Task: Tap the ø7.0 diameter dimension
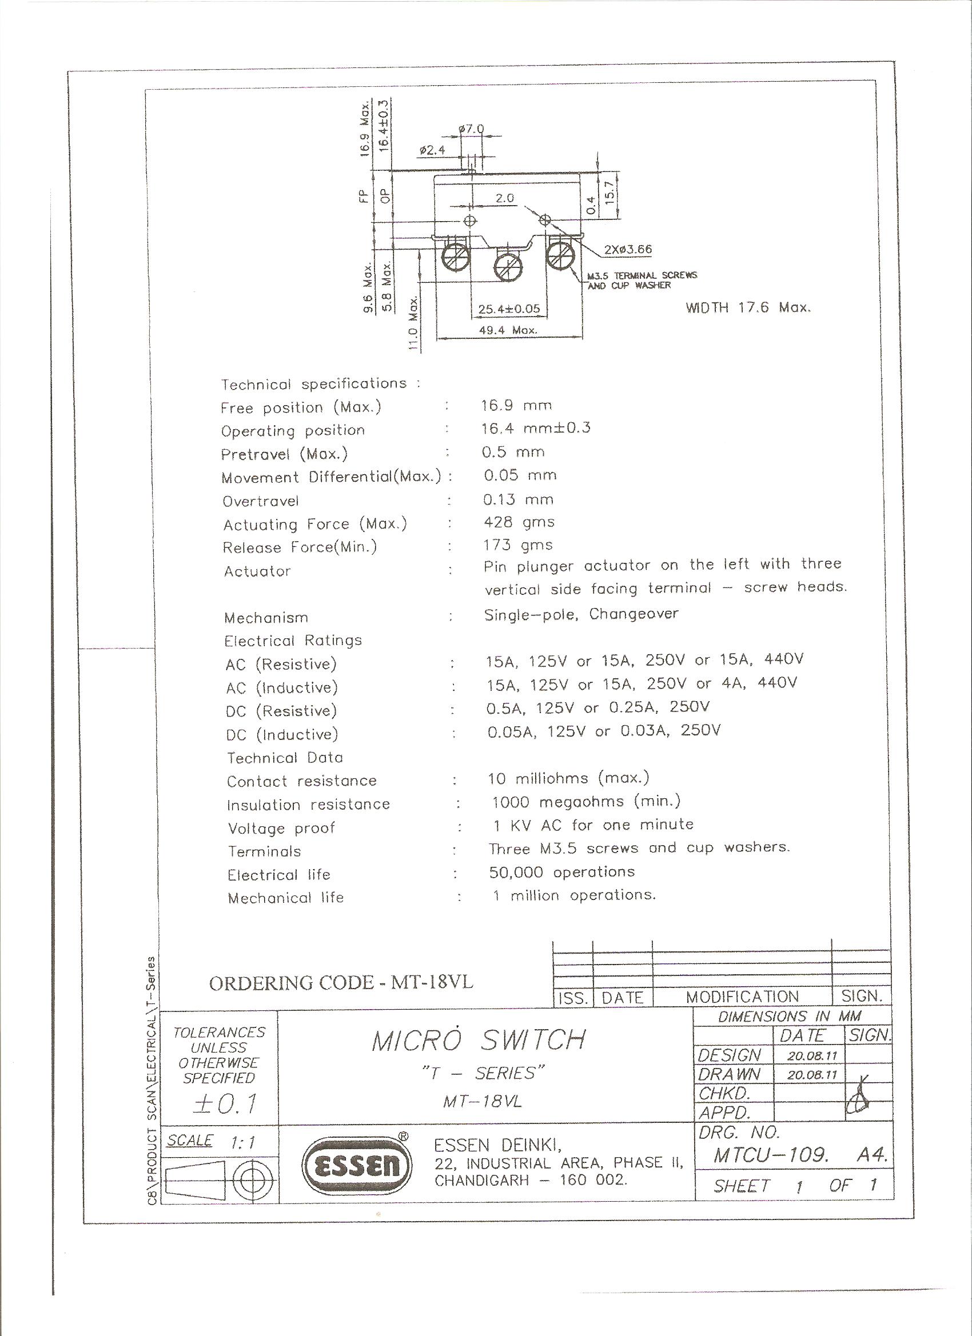(471, 129)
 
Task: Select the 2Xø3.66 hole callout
(628, 249)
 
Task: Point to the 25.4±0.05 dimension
(509, 309)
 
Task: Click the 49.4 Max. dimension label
(508, 330)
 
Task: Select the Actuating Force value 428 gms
(519, 522)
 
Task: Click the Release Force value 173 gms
(518, 546)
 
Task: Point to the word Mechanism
(266, 618)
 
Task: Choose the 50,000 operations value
(561, 873)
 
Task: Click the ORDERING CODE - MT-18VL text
(341, 982)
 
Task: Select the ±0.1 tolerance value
(225, 1103)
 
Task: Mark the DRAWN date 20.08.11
(812, 1074)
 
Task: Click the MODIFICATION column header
(742, 997)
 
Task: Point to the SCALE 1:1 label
(211, 1141)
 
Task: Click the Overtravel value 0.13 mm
(518, 499)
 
